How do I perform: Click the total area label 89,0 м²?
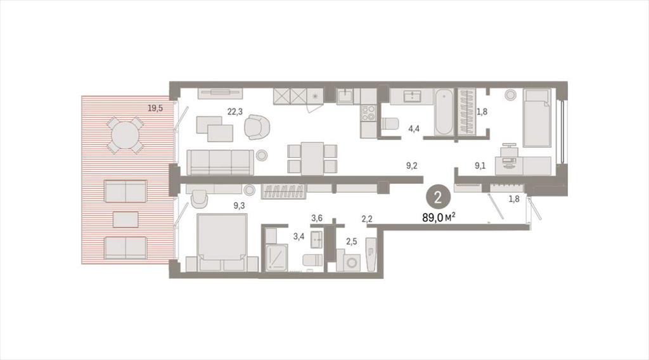pos(439,217)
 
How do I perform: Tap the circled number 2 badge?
pos(438,197)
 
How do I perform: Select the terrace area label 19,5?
pos(155,108)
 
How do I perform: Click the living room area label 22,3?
pos(235,111)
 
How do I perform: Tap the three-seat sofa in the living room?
pos(220,162)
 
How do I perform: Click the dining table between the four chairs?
pos(312,158)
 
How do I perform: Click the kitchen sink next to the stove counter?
pos(345,96)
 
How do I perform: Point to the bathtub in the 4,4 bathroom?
pos(444,112)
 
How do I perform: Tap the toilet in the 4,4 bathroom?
pos(390,124)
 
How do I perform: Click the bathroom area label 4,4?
pos(414,129)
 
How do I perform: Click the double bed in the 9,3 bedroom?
pos(222,242)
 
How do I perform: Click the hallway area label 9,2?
pos(412,166)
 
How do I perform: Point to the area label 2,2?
pos(367,219)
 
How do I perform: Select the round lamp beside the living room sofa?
pos(262,155)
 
